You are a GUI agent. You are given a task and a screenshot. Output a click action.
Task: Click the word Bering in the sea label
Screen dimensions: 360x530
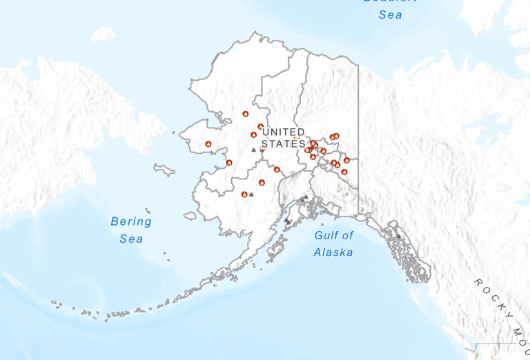pyautogui.click(x=131, y=222)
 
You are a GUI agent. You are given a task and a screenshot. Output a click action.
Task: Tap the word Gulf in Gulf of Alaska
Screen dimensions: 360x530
pyautogui.click(x=328, y=235)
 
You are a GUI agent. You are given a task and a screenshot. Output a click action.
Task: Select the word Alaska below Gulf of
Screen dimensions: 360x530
pyautogui.click(x=333, y=252)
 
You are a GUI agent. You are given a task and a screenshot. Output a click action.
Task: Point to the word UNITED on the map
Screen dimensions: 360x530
pyautogui.click(x=284, y=132)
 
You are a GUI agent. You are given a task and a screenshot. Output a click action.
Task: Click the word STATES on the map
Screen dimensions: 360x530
pyautogui.click(x=284, y=143)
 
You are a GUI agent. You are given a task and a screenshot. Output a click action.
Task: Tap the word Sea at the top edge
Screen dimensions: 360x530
pyautogui.click(x=390, y=14)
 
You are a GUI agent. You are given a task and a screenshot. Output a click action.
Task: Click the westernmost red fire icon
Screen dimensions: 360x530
pyautogui.click(x=208, y=144)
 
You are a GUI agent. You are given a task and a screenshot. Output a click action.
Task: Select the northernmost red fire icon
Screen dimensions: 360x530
pyautogui.click(x=245, y=114)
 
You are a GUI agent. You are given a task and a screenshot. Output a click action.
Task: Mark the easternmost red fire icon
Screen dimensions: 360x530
pyautogui.click(x=346, y=160)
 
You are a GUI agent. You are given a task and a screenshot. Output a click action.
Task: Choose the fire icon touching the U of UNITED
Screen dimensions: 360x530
pyautogui.click(x=260, y=127)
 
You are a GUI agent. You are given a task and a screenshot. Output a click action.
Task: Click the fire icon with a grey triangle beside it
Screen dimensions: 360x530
pyautogui.click(x=244, y=194)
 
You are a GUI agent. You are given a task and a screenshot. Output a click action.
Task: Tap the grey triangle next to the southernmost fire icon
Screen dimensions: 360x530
pyautogui.click(x=251, y=194)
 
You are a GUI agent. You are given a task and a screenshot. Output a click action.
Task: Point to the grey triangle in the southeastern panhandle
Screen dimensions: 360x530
pyautogui.click(x=398, y=237)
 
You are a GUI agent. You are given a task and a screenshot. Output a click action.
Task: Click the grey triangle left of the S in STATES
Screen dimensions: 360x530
pyautogui.click(x=254, y=149)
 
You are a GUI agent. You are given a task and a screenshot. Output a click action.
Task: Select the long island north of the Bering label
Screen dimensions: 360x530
pyautogui.click(x=164, y=170)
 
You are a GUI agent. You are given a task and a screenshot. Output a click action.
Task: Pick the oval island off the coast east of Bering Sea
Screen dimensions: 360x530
pyautogui.click(x=190, y=215)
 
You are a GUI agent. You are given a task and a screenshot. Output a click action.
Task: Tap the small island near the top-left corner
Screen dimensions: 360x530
pyautogui.click(x=104, y=34)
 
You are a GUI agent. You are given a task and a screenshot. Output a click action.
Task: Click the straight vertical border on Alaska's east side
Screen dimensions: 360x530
pyautogui.click(x=358, y=138)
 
